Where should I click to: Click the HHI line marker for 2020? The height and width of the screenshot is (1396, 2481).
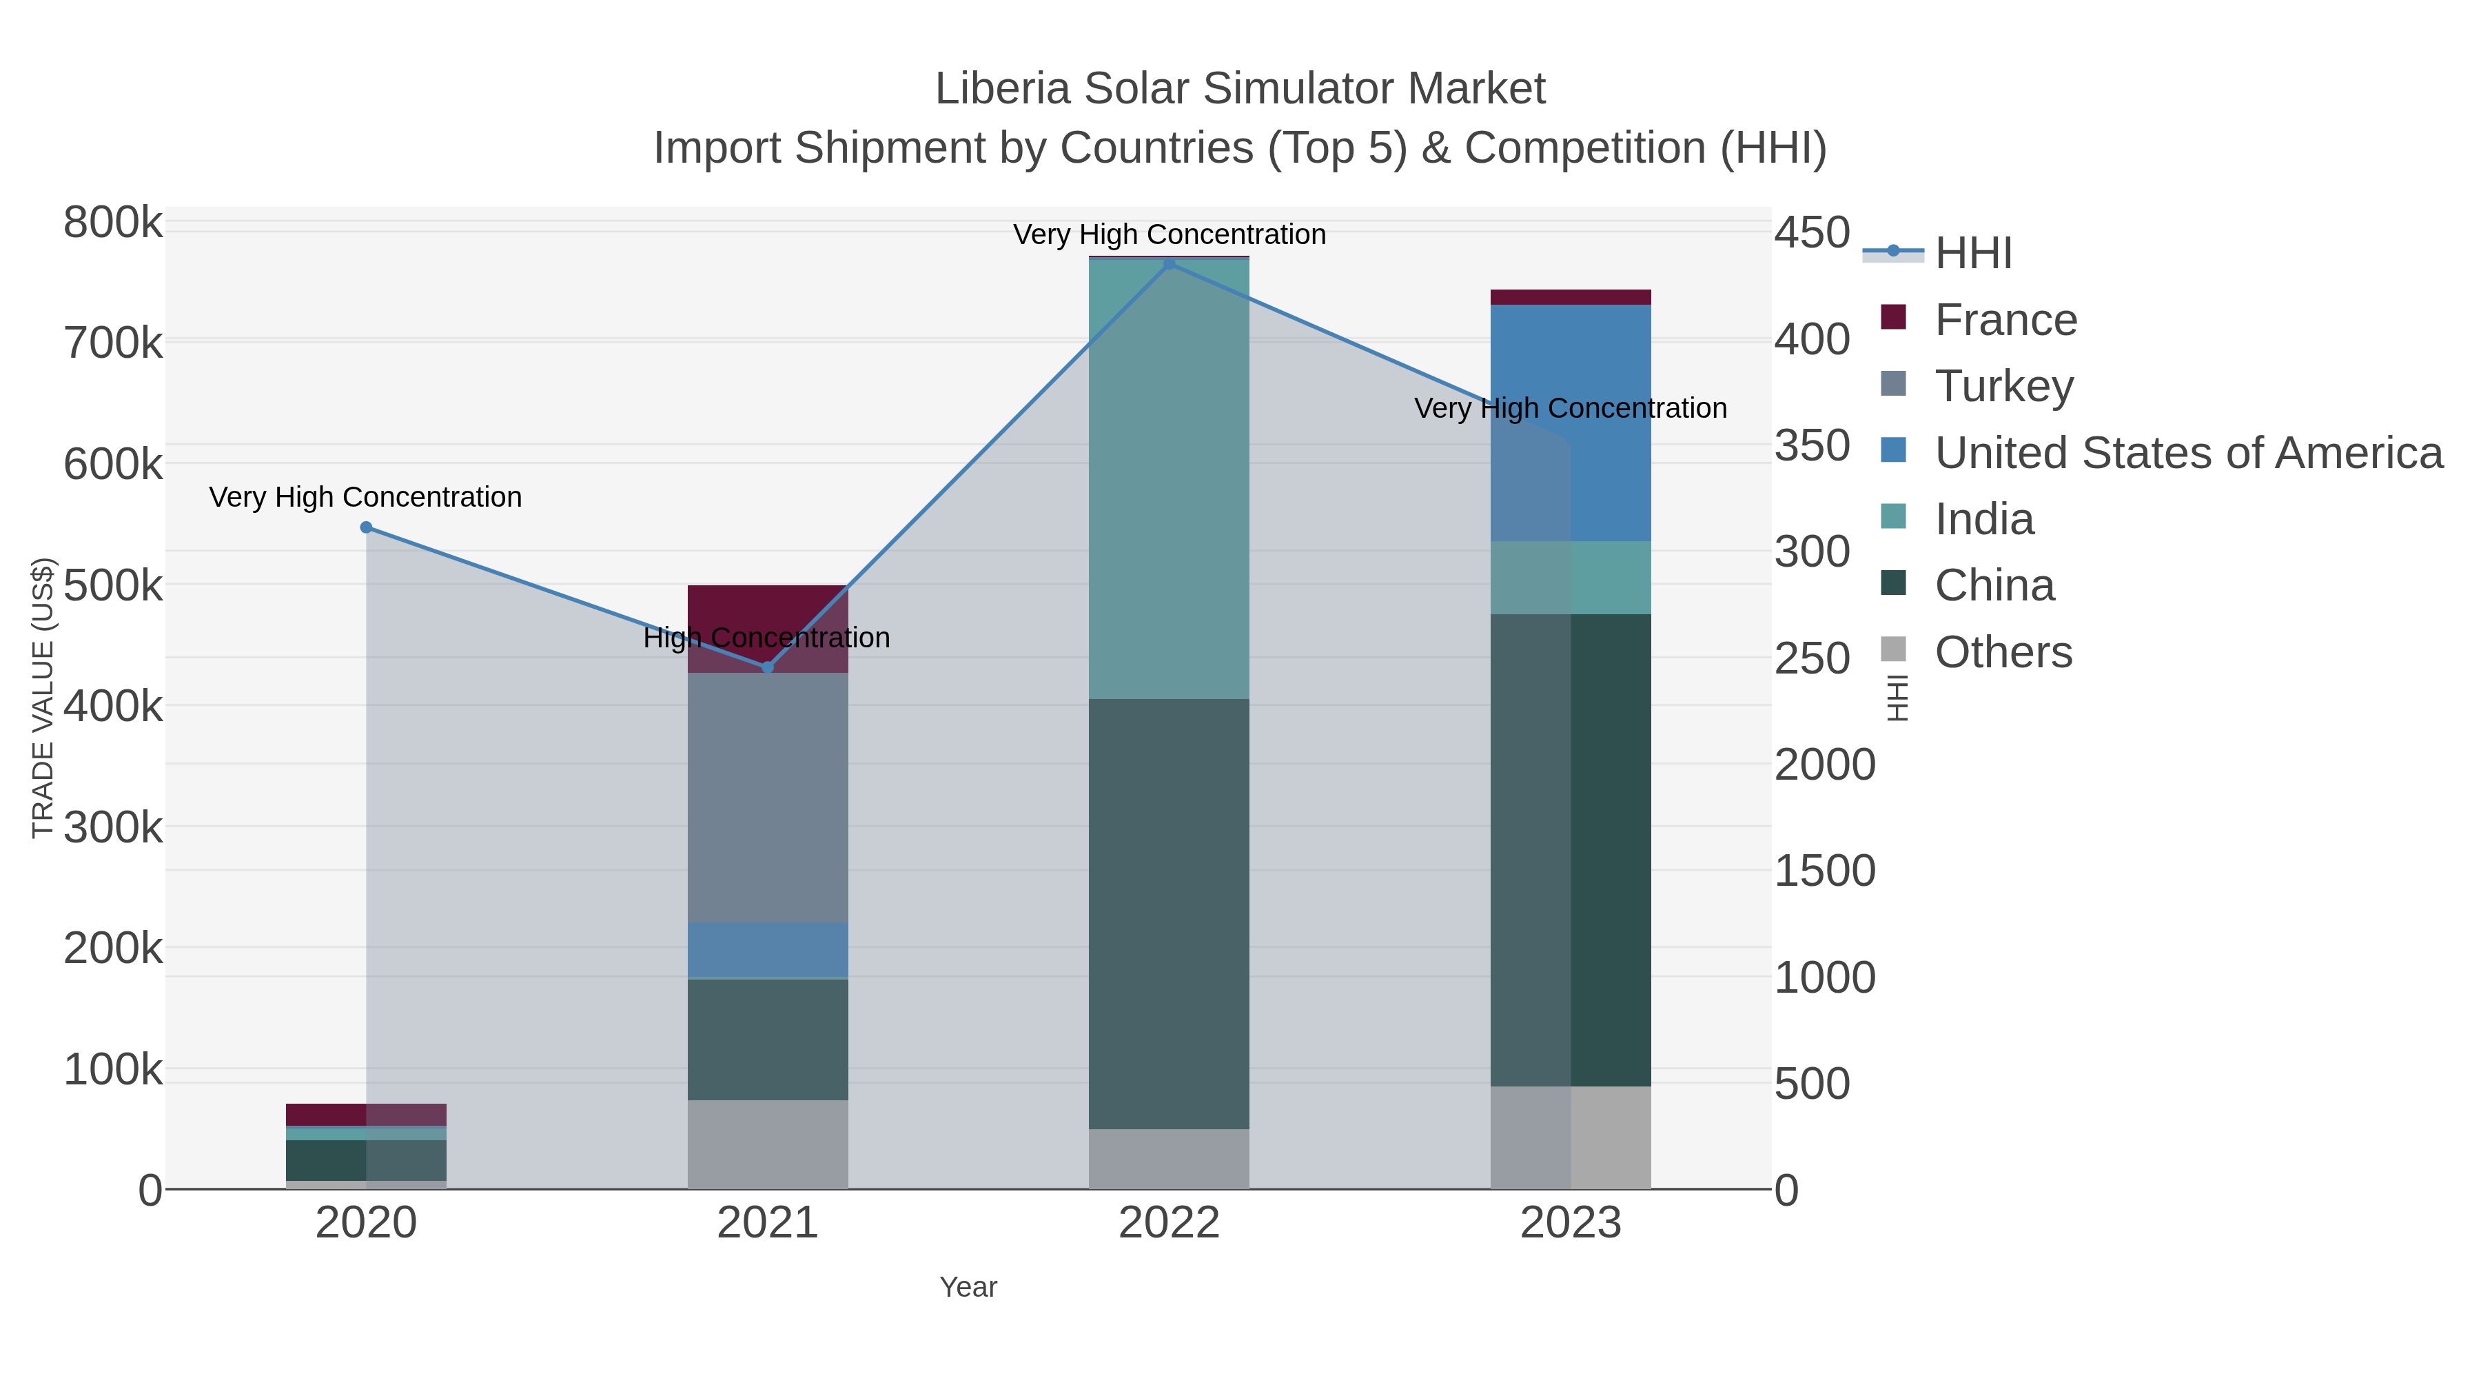366,527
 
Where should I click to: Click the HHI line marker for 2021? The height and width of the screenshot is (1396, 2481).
768,667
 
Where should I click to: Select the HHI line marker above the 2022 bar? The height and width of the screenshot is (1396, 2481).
1170,263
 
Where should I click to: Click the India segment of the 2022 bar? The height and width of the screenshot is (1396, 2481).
1170,479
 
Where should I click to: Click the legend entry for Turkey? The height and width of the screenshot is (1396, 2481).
2003,386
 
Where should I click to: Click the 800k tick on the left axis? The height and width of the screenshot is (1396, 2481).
113,223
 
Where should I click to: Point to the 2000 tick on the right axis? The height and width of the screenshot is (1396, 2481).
1824,765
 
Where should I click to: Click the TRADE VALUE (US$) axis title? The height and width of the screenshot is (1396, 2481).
43,698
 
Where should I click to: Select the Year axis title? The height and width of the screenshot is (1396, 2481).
968,1287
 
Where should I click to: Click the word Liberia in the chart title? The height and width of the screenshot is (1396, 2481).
1003,90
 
